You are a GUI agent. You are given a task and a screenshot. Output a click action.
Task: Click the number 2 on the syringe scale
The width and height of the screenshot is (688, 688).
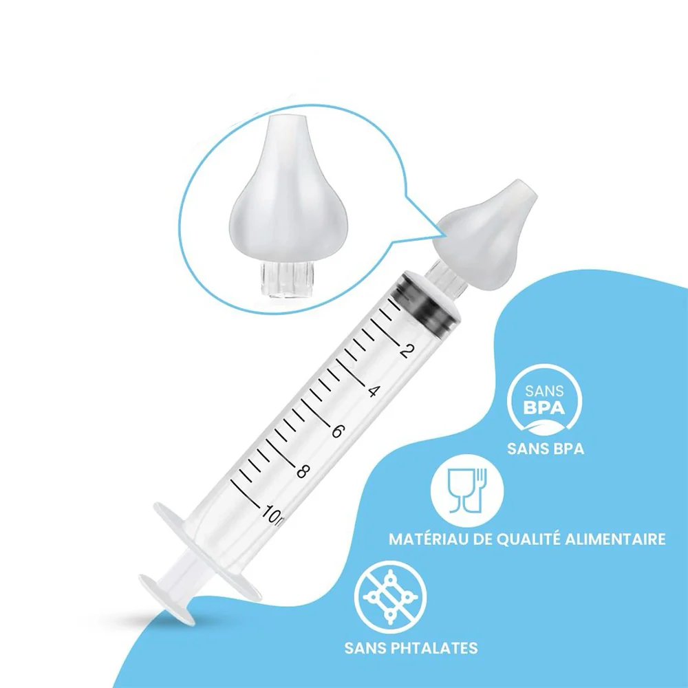407,351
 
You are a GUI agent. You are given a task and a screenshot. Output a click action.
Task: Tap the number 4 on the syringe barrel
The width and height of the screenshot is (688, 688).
372,391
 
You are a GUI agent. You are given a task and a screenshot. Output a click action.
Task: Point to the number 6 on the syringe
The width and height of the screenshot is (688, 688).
336,431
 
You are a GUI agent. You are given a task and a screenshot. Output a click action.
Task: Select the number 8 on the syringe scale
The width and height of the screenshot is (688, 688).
302,471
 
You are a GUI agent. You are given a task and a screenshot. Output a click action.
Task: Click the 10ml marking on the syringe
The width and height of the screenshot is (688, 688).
273,514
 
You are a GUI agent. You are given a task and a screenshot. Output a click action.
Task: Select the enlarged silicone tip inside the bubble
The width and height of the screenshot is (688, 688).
282,188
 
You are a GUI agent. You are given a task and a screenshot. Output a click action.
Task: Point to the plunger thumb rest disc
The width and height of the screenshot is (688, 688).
166,599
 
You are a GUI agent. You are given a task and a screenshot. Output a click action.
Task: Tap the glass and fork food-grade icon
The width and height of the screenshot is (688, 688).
467,491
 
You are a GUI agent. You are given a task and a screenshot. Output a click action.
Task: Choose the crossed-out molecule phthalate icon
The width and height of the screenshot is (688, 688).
390,597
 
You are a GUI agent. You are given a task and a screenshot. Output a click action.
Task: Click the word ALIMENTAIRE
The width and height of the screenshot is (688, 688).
614,539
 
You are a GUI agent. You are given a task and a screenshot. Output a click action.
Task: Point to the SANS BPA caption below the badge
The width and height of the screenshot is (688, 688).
546,449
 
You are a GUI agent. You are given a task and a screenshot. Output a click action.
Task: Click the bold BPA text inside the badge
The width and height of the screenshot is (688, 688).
544,408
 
